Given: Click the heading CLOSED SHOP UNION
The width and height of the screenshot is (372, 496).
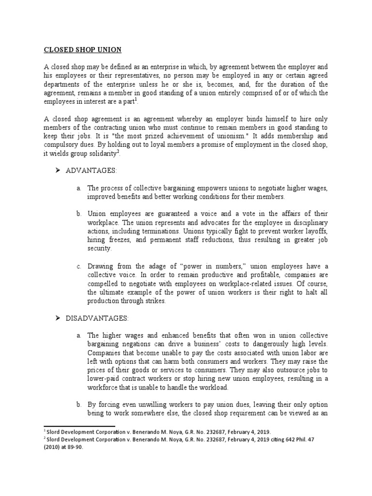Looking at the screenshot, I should click(x=83, y=50).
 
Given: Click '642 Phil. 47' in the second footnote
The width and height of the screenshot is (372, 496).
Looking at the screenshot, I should click(x=310, y=440).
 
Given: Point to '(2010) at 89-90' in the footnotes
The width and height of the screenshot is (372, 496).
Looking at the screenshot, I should click(x=63, y=448).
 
